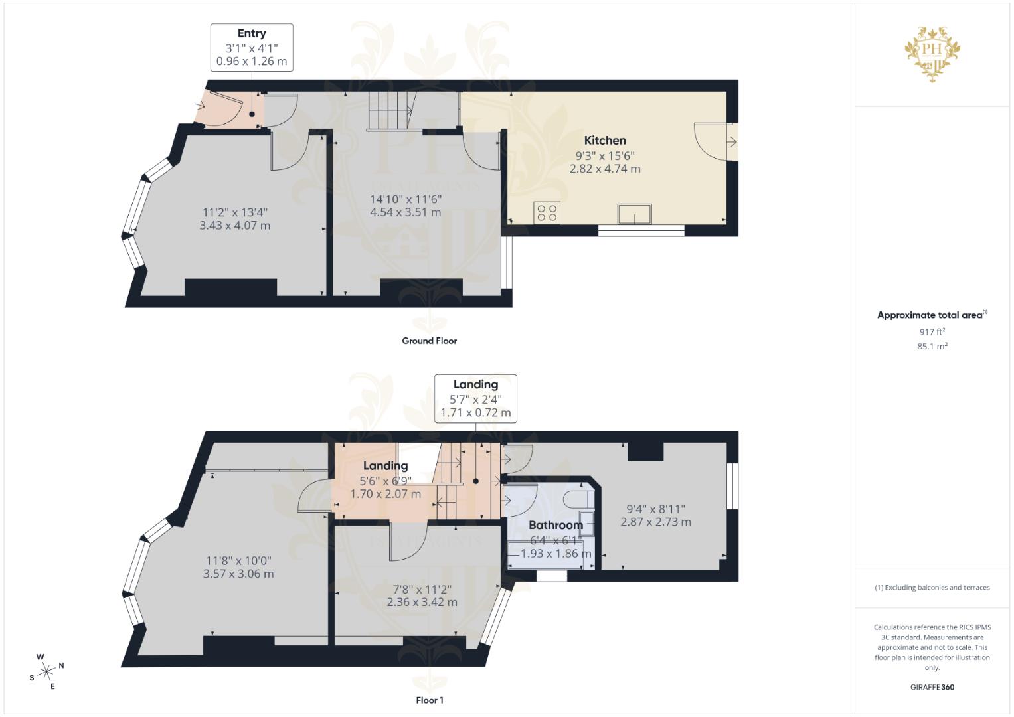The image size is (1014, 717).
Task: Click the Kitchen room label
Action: (x=604, y=140)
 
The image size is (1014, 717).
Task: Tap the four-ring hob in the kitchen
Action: (x=547, y=212)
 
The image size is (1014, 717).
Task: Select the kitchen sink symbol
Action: (x=634, y=214)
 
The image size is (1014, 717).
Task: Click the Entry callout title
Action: (x=252, y=33)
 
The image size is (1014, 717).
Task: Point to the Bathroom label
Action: (x=555, y=525)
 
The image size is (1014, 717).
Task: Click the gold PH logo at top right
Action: (x=932, y=52)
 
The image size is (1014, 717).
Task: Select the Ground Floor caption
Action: (x=429, y=341)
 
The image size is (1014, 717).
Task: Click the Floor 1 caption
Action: (x=429, y=700)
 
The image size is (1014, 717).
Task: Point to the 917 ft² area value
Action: (x=932, y=331)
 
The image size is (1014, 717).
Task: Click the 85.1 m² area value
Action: (x=932, y=346)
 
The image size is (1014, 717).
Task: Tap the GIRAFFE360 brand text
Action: (x=932, y=687)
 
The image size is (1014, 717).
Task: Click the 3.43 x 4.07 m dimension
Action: (x=234, y=226)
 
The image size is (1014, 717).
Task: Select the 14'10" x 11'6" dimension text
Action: (x=405, y=199)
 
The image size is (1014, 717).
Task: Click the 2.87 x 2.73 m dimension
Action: (x=655, y=522)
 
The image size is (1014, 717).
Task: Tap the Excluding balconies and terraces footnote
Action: (x=932, y=588)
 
